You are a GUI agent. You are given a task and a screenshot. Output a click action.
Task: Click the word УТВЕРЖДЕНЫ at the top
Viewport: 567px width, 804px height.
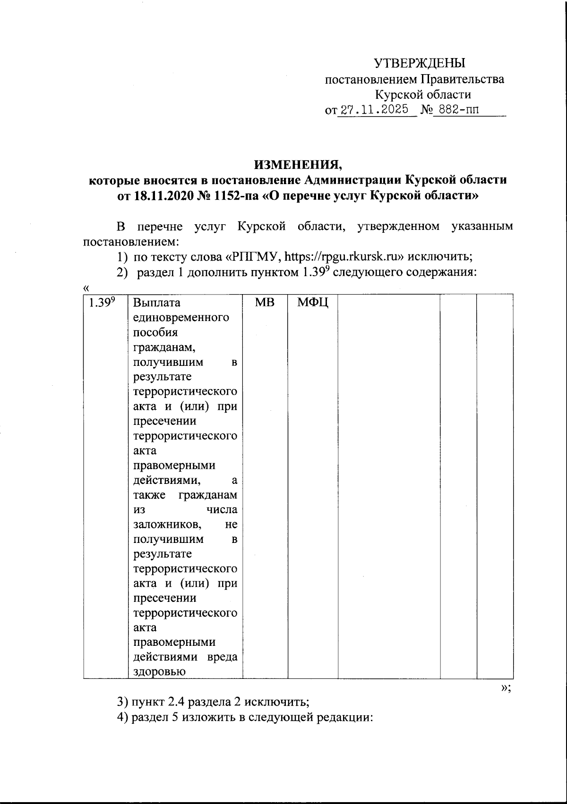(x=420, y=63)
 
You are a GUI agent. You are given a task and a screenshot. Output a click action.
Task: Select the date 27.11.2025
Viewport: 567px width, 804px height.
(x=375, y=110)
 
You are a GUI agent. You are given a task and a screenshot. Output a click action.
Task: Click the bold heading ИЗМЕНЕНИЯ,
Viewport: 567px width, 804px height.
(x=298, y=165)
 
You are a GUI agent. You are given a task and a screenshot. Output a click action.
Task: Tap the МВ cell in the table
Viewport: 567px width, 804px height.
(x=265, y=303)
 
